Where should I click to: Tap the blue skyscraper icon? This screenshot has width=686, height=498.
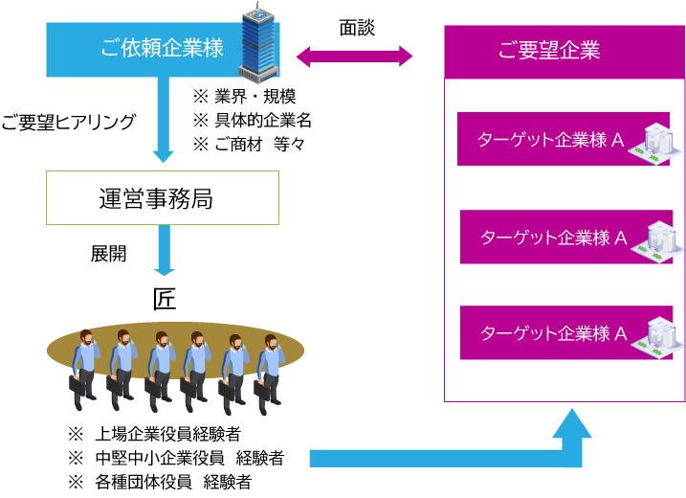[x=258, y=45]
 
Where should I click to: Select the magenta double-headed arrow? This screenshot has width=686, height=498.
[x=354, y=57]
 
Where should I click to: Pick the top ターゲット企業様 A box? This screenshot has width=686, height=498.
[x=545, y=140]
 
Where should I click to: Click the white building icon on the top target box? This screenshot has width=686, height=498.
[x=656, y=143]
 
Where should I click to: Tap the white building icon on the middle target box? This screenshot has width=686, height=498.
[x=658, y=240]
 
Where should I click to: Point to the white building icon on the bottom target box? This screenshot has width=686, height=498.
[x=658, y=336]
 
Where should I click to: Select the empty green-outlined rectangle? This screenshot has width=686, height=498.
[x=163, y=198]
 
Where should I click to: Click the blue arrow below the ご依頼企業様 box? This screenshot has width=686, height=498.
[x=163, y=120]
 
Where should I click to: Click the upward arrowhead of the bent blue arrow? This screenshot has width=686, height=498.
[x=572, y=425]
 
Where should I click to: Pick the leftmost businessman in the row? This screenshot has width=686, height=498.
[x=84, y=369]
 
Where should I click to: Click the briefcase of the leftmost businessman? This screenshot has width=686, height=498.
[x=76, y=384]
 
